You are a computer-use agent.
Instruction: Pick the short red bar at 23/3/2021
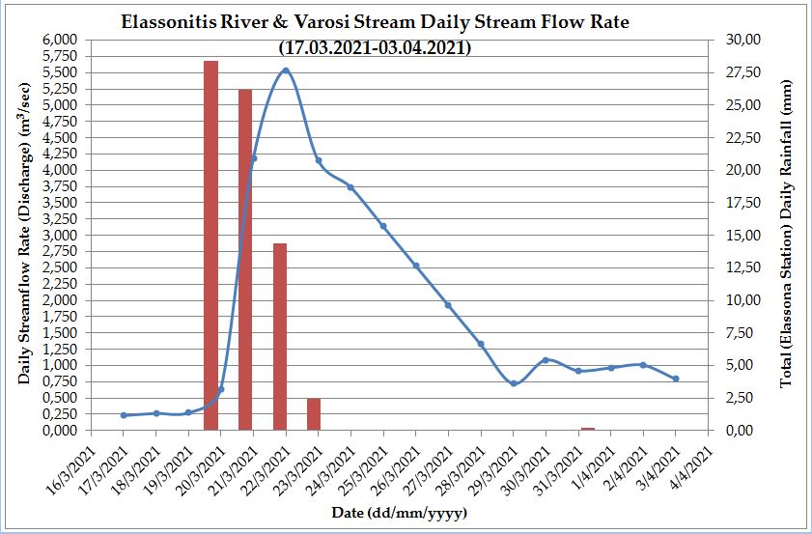tap(314, 413)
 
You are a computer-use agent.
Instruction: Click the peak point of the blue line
tap(286, 70)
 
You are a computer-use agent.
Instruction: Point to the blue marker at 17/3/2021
tap(124, 415)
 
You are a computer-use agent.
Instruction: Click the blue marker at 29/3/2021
tap(514, 383)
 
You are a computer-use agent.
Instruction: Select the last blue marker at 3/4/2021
tap(676, 379)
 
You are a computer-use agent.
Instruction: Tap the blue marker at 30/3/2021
tap(546, 360)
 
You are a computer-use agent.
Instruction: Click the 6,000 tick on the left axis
tap(61, 40)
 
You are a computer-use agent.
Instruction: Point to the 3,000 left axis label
tap(61, 235)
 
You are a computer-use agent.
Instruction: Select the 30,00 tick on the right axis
tap(737, 40)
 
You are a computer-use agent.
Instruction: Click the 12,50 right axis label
tap(737, 267)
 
